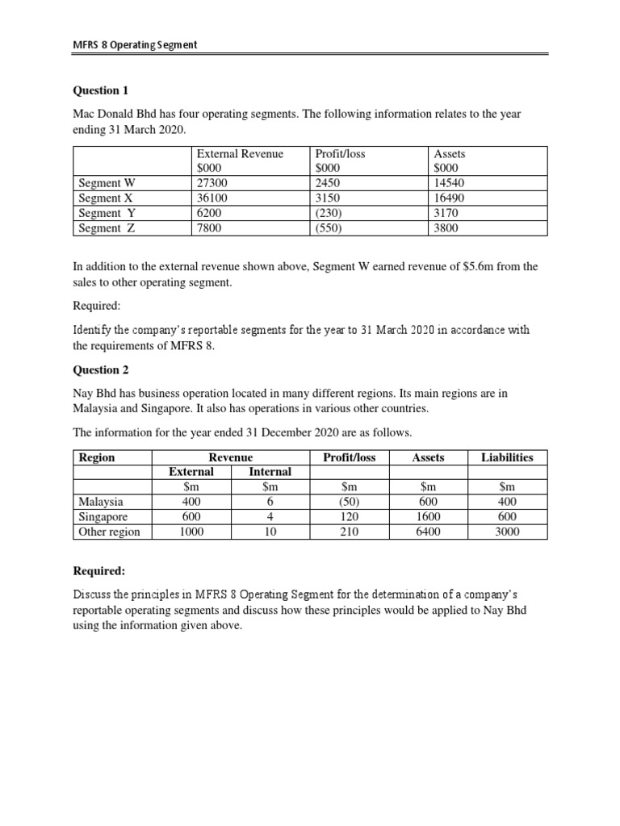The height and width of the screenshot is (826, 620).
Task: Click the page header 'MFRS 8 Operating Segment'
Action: [x=135, y=44]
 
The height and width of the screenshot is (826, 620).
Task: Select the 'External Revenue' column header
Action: [x=240, y=153]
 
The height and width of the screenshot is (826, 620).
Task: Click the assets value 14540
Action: [x=450, y=183]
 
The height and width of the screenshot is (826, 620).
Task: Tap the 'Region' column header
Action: [x=97, y=457]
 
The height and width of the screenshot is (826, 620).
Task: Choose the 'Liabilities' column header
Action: [x=507, y=457]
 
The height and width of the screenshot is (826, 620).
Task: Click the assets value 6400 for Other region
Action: [x=428, y=532]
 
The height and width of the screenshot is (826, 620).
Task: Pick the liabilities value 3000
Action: [x=507, y=532]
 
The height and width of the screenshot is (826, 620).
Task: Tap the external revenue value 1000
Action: [x=191, y=532]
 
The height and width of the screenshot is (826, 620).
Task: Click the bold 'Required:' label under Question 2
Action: [x=99, y=570]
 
